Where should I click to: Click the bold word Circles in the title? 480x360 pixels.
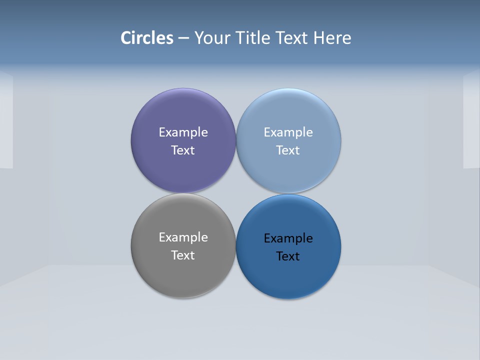(147, 38)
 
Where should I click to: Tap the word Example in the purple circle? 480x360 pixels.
(183, 132)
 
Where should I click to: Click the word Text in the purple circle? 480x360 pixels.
(183, 150)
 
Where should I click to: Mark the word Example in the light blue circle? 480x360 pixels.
(288, 132)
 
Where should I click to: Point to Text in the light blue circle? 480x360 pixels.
(288, 150)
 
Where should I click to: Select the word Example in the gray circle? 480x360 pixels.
(183, 237)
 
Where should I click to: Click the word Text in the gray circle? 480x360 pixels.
(183, 255)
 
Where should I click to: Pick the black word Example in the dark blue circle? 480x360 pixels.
(288, 238)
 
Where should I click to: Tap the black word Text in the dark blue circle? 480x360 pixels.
(288, 256)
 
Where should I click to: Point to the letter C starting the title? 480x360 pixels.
(126, 38)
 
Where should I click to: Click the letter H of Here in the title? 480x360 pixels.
(318, 38)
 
